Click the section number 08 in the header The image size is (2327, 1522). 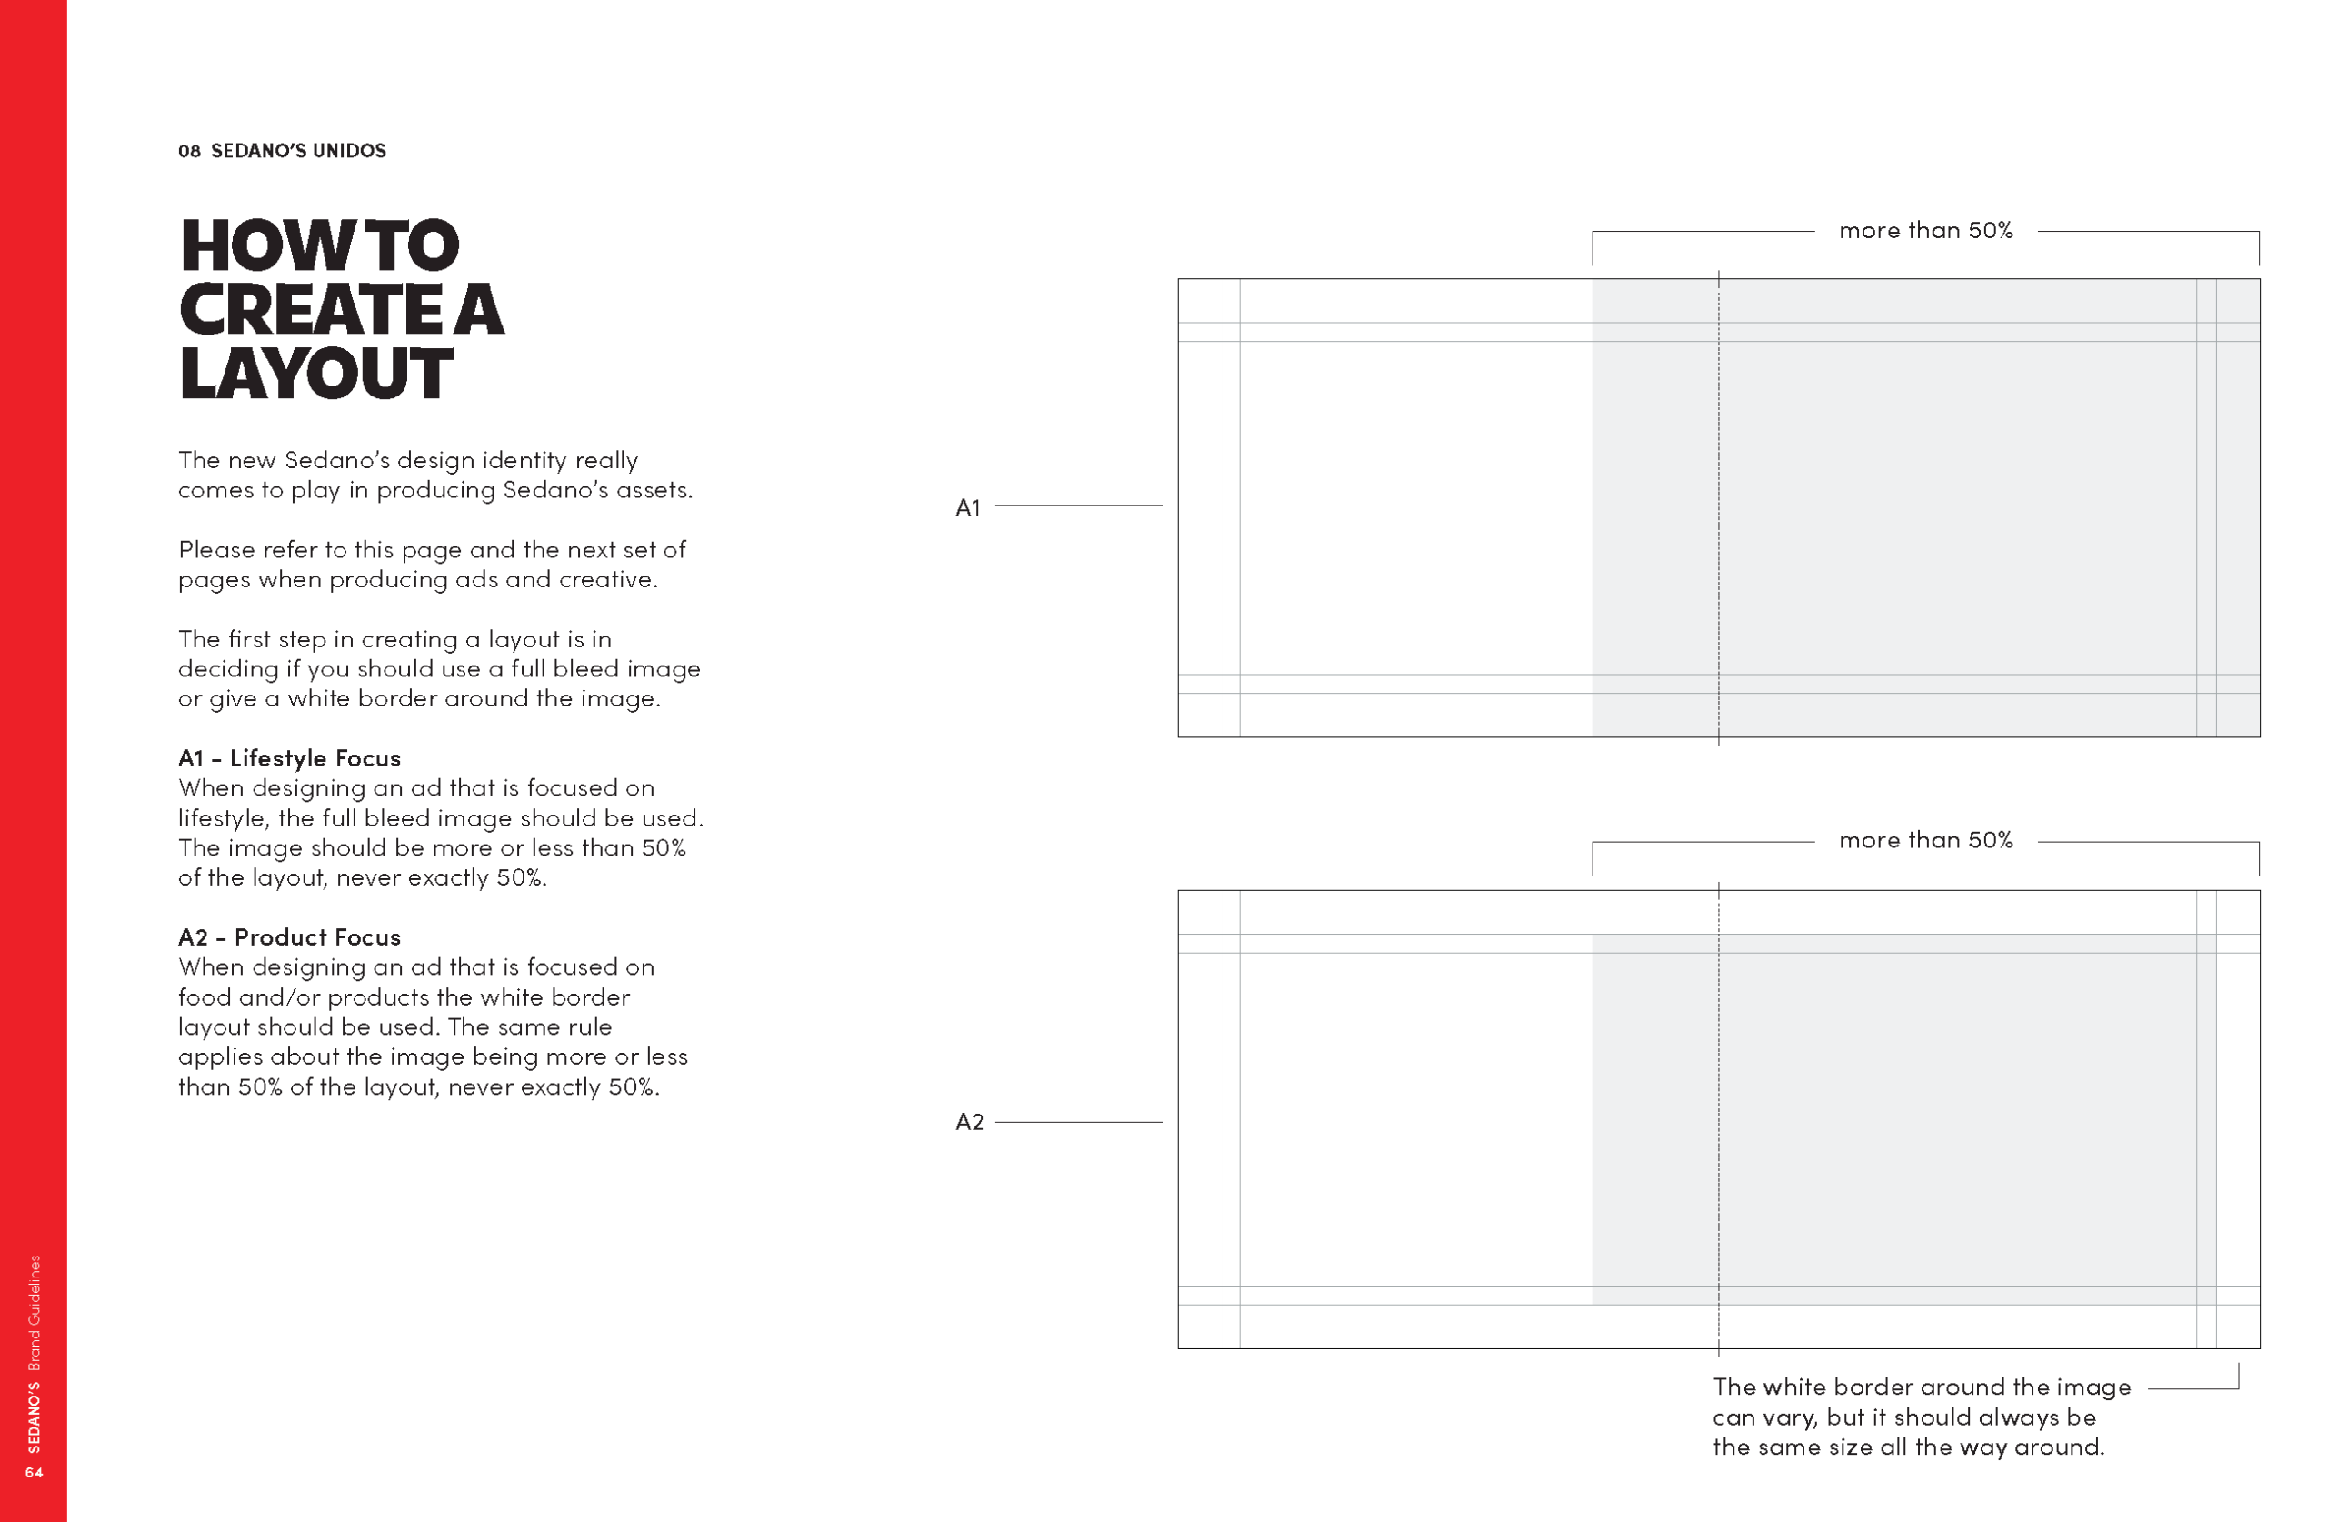coord(190,151)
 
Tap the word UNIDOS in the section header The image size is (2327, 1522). coord(349,151)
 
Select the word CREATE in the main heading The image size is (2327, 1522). coord(311,309)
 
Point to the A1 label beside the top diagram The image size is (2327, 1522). coord(968,507)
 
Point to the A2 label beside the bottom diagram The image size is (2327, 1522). coord(969,1122)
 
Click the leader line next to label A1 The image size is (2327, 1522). coord(1079,506)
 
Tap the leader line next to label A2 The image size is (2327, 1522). coord(1079,1122)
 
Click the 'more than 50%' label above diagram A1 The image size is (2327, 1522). coord(1926,231)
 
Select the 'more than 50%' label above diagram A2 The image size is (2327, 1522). coord(1926,840)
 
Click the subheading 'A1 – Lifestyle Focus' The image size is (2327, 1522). coord(289,758)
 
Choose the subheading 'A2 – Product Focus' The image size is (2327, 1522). coord(289,937)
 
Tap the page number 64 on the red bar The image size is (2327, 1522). coord(35,1472)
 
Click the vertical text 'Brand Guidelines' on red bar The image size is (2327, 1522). coord(35,1313)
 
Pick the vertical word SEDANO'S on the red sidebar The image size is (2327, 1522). coord(35,1417)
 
